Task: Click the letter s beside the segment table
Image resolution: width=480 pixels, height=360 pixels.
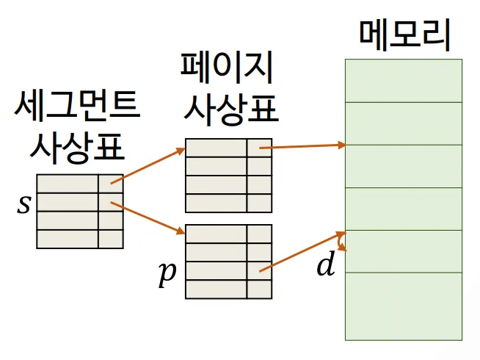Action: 24,204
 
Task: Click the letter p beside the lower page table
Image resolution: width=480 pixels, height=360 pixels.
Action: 168,273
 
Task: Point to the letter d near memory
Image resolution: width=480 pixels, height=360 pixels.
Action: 325,265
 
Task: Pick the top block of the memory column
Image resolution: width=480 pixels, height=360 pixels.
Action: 404,81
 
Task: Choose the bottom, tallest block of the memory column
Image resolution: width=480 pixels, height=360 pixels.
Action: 404,306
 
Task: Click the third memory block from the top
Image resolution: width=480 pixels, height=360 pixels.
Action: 404,167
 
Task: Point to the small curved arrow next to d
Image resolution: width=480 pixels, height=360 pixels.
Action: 341,242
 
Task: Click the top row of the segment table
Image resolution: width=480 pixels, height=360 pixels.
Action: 79,184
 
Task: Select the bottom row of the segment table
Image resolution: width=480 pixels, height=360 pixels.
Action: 79,239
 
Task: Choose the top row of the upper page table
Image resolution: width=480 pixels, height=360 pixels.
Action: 228,148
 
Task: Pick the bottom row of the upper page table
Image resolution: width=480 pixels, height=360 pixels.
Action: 228,203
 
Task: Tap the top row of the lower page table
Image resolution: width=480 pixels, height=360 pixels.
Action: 228,234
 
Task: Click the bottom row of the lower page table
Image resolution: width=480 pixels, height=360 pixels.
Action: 228,289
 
